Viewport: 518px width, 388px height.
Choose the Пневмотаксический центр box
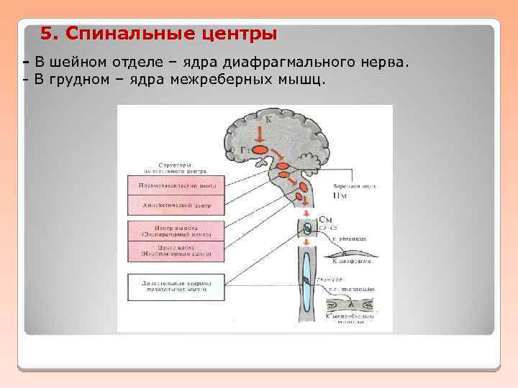tap(177, 185)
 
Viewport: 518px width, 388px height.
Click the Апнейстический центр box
tap(177, 205)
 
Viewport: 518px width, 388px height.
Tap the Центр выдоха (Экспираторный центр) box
tap(177, 231)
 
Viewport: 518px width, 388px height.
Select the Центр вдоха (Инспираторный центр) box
tap(177, 251)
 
